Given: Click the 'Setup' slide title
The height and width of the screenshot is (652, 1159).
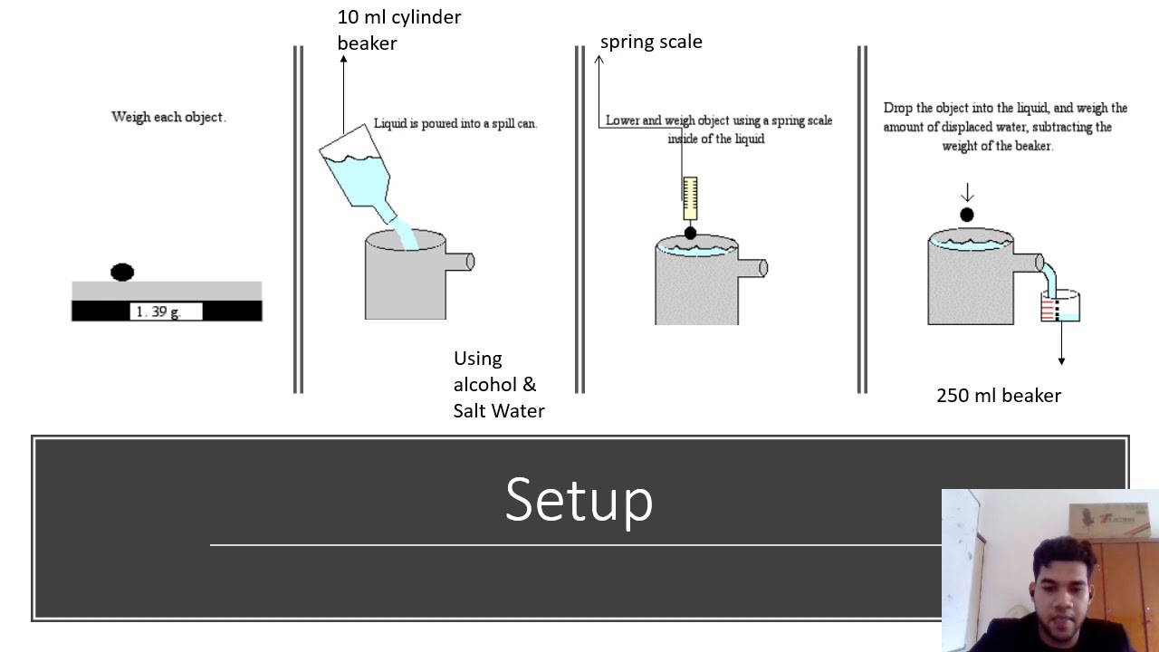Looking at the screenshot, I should pos(579,499).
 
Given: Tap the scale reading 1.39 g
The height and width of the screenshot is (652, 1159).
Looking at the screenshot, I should pos(158,312).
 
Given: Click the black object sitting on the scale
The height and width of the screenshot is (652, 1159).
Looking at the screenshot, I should pos(122,272).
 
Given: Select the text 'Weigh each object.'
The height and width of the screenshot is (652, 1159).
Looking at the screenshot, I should pos(168,117).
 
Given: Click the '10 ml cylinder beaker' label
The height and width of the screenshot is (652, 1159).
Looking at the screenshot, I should pos(398,30).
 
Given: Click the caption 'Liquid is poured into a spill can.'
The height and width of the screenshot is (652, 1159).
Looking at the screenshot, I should pos(455,124).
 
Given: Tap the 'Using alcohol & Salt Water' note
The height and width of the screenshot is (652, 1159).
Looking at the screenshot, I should pos(498,385).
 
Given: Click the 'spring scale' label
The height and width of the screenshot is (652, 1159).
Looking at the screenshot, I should pos(651,42).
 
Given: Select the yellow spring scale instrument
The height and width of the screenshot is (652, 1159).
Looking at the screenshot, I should pos(690,198).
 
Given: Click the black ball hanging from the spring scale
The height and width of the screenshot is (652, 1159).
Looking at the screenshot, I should pos(690,234).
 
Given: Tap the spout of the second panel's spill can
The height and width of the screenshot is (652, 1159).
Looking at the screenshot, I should pos(461,262).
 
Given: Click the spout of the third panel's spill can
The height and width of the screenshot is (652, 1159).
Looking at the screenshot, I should pos(754,268).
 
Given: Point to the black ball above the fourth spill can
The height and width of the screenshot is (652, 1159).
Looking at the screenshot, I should pos(966,215).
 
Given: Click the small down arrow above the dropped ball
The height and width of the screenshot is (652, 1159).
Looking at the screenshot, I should pos(966,192).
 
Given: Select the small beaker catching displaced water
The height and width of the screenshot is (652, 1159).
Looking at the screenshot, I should pos(1060,307).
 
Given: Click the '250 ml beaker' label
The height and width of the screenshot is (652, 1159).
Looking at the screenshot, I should pos(998,396).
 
